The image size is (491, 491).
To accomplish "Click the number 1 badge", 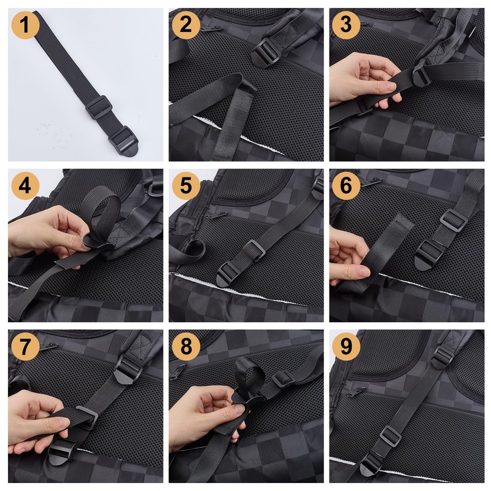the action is (25, 25).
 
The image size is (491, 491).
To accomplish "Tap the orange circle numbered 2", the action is (186, 25).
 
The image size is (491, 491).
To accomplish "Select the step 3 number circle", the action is (346, 25).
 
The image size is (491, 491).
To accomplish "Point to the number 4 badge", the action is (25, 186).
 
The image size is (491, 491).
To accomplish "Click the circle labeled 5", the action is (186, 186).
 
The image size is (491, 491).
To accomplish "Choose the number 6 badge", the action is (346, 186).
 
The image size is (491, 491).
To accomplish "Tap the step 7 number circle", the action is (25, 346).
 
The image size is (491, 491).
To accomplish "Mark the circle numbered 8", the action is (186, 346).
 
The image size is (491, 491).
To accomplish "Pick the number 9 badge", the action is (346, 346).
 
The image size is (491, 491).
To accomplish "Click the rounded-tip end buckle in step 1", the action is (124, 141).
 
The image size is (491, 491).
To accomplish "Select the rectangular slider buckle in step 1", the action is (99, 108).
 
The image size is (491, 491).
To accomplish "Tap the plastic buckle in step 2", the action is (266, 53).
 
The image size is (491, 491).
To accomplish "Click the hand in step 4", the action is (47, 233).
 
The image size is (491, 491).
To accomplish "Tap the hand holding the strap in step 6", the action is (349, 258).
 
